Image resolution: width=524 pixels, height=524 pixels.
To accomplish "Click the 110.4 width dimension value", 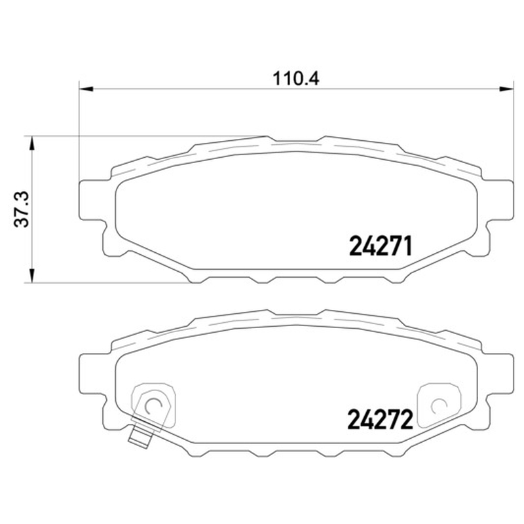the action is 296,79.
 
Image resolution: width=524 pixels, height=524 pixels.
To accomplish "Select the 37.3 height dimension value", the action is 22,210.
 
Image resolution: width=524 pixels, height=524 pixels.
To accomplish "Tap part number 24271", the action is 381,247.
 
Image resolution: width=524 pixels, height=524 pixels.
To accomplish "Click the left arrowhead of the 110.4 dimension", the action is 86,89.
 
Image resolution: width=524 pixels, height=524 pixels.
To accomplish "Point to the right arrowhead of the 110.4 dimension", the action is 506,89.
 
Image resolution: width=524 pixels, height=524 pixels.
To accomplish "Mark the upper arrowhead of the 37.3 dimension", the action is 31,143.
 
